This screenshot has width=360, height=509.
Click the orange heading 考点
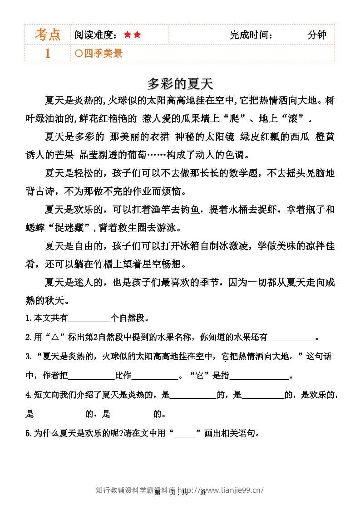pyautogui.click(x=48, y=34)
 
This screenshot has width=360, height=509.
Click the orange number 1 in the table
pyautogui.click(x=48, y=54)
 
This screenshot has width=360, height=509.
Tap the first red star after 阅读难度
pyautogui.click(x=127, y=35)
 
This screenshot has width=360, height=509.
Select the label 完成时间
pyautogui.click(x=251, y=35)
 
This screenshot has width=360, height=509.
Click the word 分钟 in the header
pyautogui.click(x=316, y=35)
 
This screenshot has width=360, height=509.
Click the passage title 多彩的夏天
pyautogui.click(x=180, y=84)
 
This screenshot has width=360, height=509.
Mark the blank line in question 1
pyautogui.click(x=89, y=318)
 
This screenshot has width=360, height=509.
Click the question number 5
pyautogui.click(x=28, y=433)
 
